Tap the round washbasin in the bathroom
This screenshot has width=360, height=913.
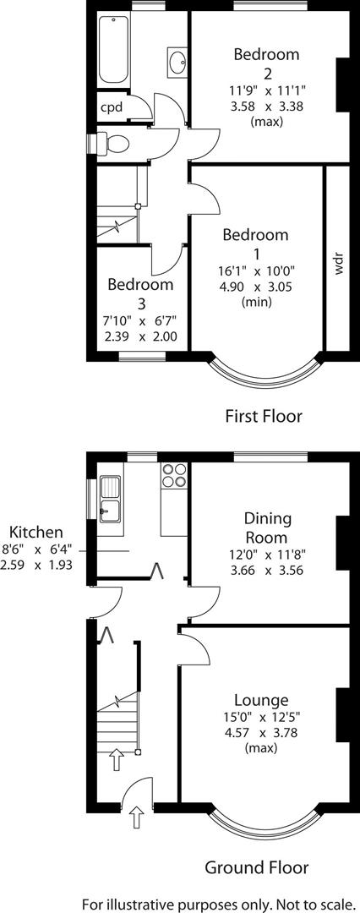tap(178, 62)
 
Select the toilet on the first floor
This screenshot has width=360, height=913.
tap(112, 143)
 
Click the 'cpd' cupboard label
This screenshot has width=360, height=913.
tap(112, 107)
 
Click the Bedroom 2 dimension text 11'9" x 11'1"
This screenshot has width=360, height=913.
tap(266, 90)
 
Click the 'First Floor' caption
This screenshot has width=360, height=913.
tap(263, 415)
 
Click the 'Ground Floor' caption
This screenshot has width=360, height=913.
tap(256, 867)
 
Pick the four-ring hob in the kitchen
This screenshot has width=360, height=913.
tap(173, 476)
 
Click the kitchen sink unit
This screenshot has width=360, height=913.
tap(111, 496)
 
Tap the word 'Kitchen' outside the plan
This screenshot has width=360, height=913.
tap(35, 533)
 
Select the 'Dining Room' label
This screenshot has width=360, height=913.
tap(265, 528)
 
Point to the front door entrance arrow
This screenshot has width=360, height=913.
tap(137, 817)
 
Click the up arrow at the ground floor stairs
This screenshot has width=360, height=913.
tap(116, 760)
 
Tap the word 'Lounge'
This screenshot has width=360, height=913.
tap(261, 700)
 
